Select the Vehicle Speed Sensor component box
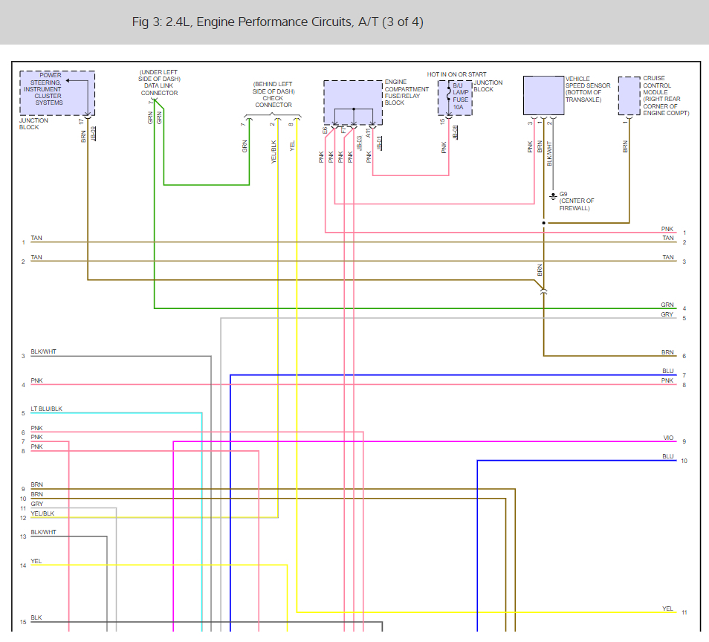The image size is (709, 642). click(x=543, y=95)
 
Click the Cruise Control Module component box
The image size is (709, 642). click(x=629, y=96)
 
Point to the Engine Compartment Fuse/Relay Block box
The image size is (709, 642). click(x=353, y=103)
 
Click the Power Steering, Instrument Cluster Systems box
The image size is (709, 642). click(x=57, y=92)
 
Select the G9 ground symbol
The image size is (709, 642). click(x=553, y=196)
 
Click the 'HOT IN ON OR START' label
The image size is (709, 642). click(x=457, y=74)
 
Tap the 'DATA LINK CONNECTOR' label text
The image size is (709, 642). click(x=160, y=89)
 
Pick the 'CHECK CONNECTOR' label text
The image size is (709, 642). click(x=273, y=102)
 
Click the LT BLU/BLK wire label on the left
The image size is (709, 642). click(x=46, y=409)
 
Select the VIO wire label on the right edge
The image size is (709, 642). click(x=668, y=438)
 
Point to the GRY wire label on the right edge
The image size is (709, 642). click(x=667, y=314)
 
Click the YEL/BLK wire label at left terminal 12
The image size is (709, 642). click(x=42, y=513)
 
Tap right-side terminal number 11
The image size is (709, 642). click(x=684, y=613)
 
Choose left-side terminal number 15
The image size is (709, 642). click(x=23, y=622)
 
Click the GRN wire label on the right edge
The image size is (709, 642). click(x=667, y=305)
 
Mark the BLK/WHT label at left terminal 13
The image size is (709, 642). click(x=43, y=532)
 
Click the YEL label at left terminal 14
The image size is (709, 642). click(x=36, y=561)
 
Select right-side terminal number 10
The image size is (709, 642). click(x=684, y=461)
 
